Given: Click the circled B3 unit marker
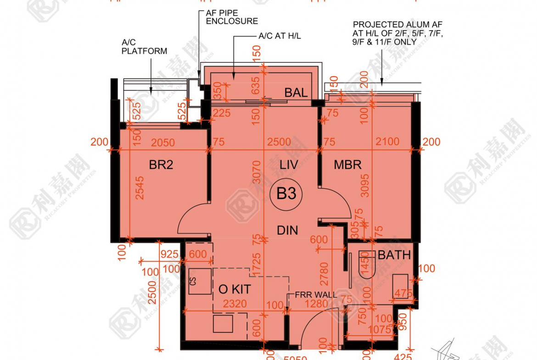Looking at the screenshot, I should tap(286, 194).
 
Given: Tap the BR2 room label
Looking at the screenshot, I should tap(161, 165).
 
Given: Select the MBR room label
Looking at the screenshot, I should tap(347, 165).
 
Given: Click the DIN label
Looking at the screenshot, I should tap(287, 230).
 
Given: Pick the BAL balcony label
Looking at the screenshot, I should tap(296, 93).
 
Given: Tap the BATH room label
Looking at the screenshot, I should tap(394, 255).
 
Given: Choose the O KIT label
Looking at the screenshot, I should tap(235, 289).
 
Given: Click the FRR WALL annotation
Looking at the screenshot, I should tap(315, 295).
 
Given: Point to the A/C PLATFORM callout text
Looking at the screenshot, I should tap(144, 47).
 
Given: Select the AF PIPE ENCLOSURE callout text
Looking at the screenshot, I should tap(232, 17).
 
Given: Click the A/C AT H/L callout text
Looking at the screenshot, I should tap(280, 36).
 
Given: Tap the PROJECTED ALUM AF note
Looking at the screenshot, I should tap(398, 33).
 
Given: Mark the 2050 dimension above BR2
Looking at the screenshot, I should tap(163, 143).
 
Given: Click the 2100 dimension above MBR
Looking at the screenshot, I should tap(387, 142).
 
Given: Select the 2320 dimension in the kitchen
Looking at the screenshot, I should tap(235, 304).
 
